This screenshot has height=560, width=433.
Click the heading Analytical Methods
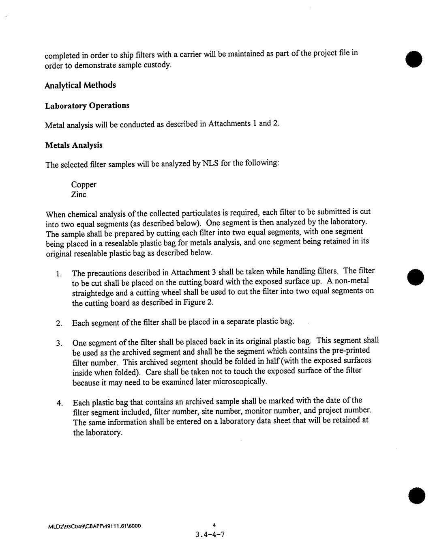pyautogui.click(x=80, y=85)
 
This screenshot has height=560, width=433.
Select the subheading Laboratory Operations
pyautogui.click(x=87, y=106)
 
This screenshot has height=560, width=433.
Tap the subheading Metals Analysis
pyautogui.click(x=74, y=145)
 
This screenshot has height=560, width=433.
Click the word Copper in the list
pyautogui.click(x=84, y=185)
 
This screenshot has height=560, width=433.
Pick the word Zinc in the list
pyautogui.click(x=79, y=194)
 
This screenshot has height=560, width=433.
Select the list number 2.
pyautogui.click(x=59, y=323)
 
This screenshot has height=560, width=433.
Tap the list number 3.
pyautogui.click(x=59, y=343)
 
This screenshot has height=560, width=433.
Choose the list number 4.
pyautogui.click(x=60, y=403)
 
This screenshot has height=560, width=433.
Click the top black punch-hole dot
pyautogui.click(x=414, y=59)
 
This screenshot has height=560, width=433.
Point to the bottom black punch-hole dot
pyautogui.click(x=417, y=496)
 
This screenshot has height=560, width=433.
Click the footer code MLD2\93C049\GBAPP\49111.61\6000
pyautogui.click(x=94, y=526)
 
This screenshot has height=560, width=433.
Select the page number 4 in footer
pyautogui.click(x=214, y=525)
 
